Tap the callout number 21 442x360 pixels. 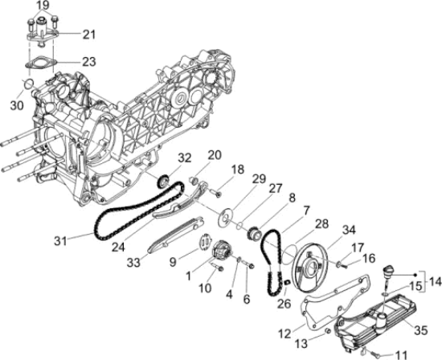coord(88,34)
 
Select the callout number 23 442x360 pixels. coord(88,61)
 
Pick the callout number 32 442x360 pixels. coord(185,157)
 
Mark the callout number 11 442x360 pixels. coord(402,354)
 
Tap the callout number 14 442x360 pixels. coord(436,282)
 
